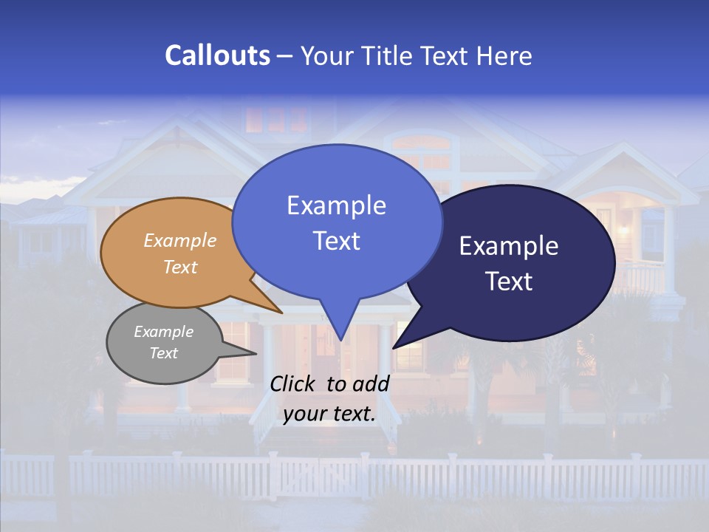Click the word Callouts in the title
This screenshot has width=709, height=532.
pyautogui.click(x=217, y=55)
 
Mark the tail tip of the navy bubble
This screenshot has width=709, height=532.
pyautogui.click(x=394, y=347)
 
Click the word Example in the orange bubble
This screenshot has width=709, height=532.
pyautogui.click(x=180, y=241)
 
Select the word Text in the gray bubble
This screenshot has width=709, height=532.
pyautogui.click(x=164, y=353)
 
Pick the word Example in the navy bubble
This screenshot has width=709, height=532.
pyautogui.click(x=509, y=246)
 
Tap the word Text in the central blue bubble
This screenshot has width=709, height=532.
pyautogui.click(x=337, y=241)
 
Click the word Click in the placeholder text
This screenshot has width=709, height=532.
pyautogui.click(x=293, y=383)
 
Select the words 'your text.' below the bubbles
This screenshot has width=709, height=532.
pyautogui.click(x=329, y=414)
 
